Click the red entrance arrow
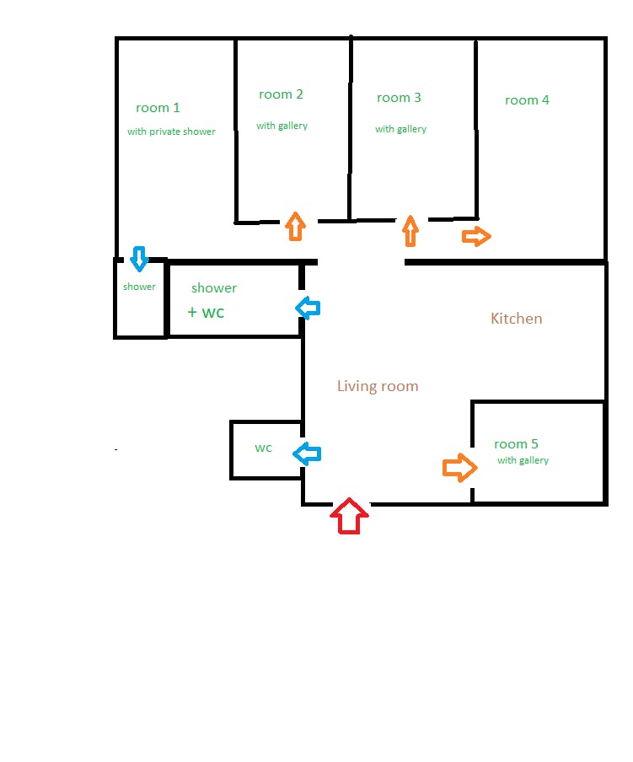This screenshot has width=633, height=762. (350, 516)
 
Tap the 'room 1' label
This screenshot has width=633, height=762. (158, 108)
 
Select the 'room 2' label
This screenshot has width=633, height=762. (281, 94)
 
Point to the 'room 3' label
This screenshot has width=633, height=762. (399, 98)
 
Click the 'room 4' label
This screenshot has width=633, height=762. (527, 100)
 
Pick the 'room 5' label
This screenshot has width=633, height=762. (516, 444)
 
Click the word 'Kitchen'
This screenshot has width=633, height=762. (516, 319)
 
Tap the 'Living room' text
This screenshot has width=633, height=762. (378, 386)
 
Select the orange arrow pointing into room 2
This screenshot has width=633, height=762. (294, 226)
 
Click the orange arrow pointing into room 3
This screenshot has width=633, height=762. (410, 230)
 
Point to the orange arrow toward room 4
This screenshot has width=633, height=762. (476, 236)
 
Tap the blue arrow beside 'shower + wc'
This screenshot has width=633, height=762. (308, 308)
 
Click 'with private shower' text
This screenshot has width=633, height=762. (171, 131)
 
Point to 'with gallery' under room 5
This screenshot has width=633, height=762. (523, 460)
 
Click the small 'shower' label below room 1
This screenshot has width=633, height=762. (139, 287)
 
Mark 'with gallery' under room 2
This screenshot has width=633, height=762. (282, 126)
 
